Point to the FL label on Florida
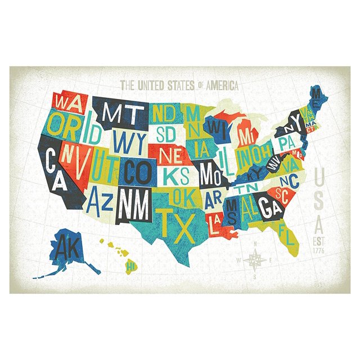pyautogui.click(x=286, y=233)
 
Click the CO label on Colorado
pyautogui.click(x=137, y=172)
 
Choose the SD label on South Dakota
pyautogui.click(x=166, y=135)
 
